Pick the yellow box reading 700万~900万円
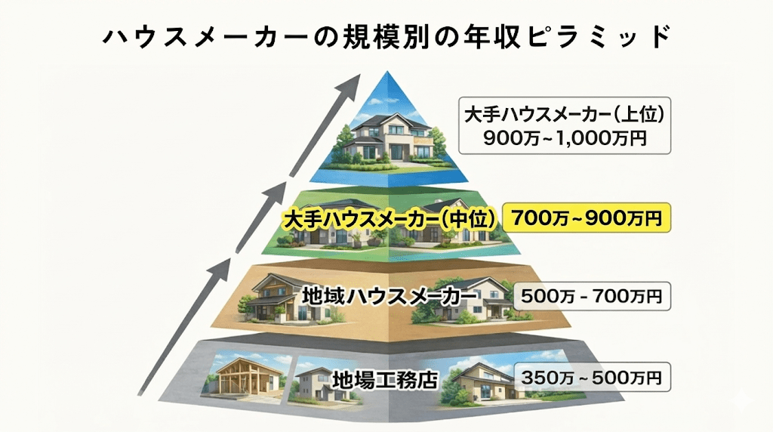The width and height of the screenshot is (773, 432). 587,218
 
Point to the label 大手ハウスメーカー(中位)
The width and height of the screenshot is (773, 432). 389,219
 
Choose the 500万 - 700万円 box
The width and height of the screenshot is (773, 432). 591,295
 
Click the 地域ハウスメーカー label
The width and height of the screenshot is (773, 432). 389,295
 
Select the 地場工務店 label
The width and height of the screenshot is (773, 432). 386,378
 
